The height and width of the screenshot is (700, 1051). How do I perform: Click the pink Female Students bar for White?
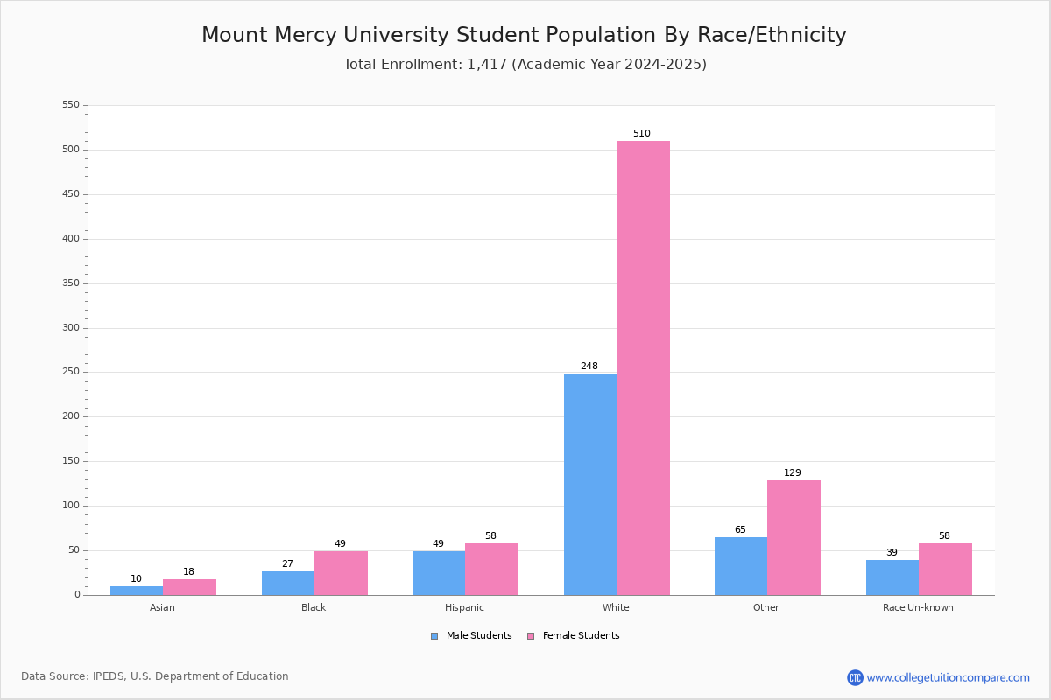click(643, 367)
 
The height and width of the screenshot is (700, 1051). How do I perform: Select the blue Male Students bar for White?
click(590, 484)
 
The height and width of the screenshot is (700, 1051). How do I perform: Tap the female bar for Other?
click(794, 537)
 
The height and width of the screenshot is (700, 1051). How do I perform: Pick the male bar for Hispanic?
click(439, 573)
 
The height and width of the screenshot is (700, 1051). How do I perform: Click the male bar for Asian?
click(137, 591)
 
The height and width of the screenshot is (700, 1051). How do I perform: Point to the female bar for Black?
click(341, 573)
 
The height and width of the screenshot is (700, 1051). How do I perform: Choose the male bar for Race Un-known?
click(892, 577)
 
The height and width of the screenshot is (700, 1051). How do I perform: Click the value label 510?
click(642, 134)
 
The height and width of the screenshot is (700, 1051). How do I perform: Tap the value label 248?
click(589, 367)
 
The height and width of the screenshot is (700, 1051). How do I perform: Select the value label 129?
click(793, 473)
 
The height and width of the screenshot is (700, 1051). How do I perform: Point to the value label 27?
click(287, 564)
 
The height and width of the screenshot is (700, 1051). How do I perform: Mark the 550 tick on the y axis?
click(71, 105)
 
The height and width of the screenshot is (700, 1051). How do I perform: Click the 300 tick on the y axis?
click(71, 328)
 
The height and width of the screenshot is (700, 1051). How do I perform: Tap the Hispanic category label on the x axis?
click(464, 607)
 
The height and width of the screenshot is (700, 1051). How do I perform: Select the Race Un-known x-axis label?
click(918, 607)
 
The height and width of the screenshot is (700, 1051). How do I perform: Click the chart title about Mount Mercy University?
click(524, 35)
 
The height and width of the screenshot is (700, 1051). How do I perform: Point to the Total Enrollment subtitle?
click(525, 65)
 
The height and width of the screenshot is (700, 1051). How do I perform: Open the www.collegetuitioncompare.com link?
click(948, 677)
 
